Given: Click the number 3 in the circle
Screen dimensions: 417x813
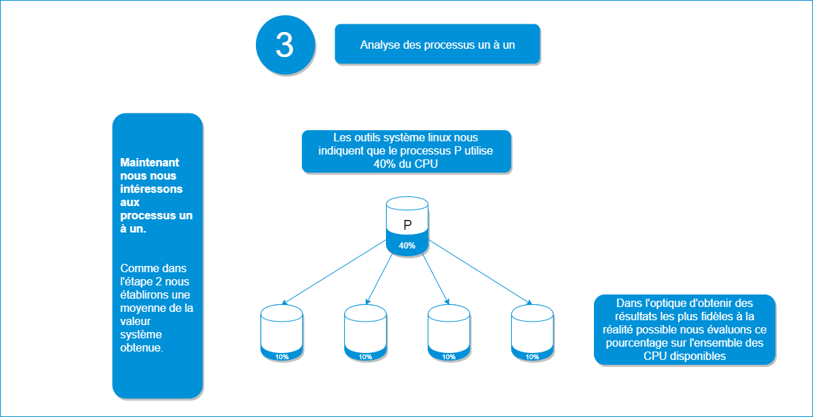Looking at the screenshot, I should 284,45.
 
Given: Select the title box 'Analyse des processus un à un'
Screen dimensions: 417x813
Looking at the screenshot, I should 437,45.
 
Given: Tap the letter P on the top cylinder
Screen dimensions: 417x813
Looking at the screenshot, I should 407,225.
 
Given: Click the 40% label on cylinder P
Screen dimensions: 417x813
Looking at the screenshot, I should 407,246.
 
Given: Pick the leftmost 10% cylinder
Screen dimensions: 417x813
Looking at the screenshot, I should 282,333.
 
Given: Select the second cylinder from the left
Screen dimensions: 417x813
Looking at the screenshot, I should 365,333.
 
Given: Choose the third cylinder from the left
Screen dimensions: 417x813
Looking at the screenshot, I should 449,333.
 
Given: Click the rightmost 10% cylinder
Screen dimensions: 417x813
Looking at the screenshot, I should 532,333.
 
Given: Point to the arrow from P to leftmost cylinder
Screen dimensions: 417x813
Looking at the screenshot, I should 334,272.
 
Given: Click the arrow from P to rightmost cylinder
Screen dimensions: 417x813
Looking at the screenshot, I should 480,272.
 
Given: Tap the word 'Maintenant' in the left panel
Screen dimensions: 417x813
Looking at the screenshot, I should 150,163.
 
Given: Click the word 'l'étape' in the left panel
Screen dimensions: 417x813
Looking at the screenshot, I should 136,282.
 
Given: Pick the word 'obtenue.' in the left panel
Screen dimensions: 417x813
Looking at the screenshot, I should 142,348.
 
